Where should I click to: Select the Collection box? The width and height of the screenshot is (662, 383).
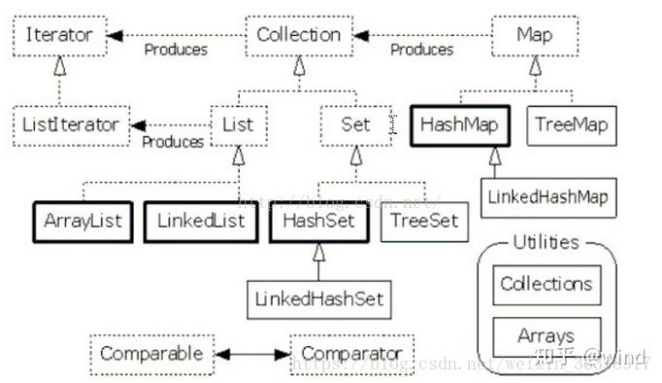tap(299, 36)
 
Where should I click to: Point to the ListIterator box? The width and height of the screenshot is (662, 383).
tap(71, 124)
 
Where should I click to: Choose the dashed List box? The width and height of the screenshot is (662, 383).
tap(239, 124)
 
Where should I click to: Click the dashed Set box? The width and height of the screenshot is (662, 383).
tap(355, 124)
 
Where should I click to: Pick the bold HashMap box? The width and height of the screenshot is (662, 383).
tap(458, 124)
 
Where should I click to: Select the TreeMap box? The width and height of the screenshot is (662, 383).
tap(569, 124)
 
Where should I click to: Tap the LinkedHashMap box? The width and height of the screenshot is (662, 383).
tap(548, 197)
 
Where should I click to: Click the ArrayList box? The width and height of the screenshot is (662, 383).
tap(83, 220)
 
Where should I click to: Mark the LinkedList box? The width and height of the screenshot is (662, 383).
tap(202, 220)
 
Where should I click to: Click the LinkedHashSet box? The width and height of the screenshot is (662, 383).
tap(318, 297)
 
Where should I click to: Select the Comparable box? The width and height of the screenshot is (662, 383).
tap(152, 352)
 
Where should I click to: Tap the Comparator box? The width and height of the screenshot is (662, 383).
tap(352, 352)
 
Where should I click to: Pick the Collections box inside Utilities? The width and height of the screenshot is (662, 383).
tap(546, 285)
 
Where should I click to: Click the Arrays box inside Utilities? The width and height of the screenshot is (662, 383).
tap(546, 335)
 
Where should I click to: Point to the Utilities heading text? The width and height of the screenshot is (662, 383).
tap(546, 242)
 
